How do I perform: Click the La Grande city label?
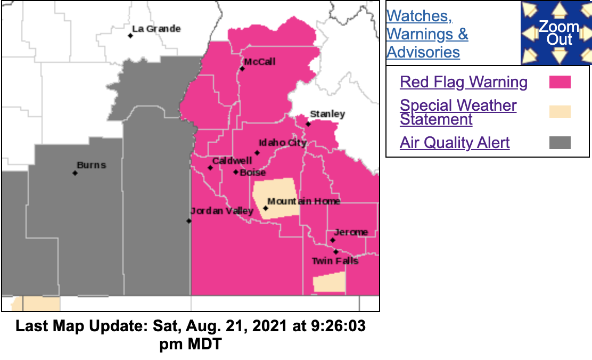pyautogui.click(x=156, y=29)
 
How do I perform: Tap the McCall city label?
pyautogui.click(x=260, y=62)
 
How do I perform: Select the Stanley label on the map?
pyautogui.click(x=327, y=114)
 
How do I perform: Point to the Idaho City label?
pyautogui.click(x=282, y=143)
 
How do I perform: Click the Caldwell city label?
pyautogui.click(x=232, y=161)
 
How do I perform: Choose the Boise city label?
pyautogui.click(x=252, y=173)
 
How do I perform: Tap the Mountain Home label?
pyautogui.click(x=303, y=201)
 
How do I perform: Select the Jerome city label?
pyautogui.click(x=351, y=232)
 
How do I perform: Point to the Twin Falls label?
pyautogui.click(x=335, y=261)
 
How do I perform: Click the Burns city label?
pyautogui.click(x=91, y=165)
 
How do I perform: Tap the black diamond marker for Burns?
pyautogui.click(x=75, y=173)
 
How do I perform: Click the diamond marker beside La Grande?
pyautogui.click(x=130, y=36)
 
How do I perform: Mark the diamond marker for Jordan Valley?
pyautogui.click(x=189, y=220)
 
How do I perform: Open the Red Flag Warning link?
pyautogui.click(x=464, y=82)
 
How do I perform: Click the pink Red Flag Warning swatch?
pyautogui.click(x=560, y=82)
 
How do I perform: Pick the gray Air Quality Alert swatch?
pyautogui.click(x=560, y=143)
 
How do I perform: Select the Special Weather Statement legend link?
pyautogui.click(x=458, y=112)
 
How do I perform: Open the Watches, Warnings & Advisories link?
pyautogui.click(x=427, y=34)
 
